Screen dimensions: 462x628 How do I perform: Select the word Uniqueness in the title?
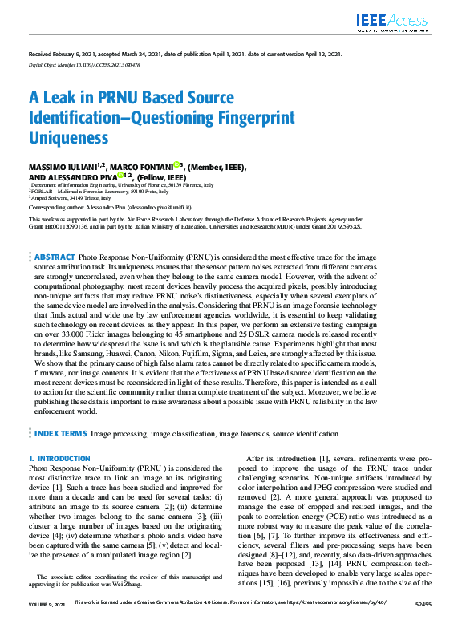click(68, 137)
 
